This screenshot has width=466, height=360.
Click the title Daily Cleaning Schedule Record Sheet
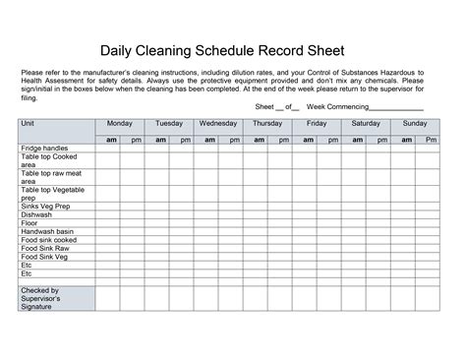233,50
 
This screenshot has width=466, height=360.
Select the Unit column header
28,124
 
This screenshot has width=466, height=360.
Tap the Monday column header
120,124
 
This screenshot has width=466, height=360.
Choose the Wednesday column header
218,124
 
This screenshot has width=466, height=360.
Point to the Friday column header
317,124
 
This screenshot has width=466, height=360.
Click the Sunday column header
415,124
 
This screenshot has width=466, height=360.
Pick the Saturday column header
366,124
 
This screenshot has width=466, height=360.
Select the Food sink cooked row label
48,240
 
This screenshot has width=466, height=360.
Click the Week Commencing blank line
396,107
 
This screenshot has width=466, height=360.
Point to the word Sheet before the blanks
265,106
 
